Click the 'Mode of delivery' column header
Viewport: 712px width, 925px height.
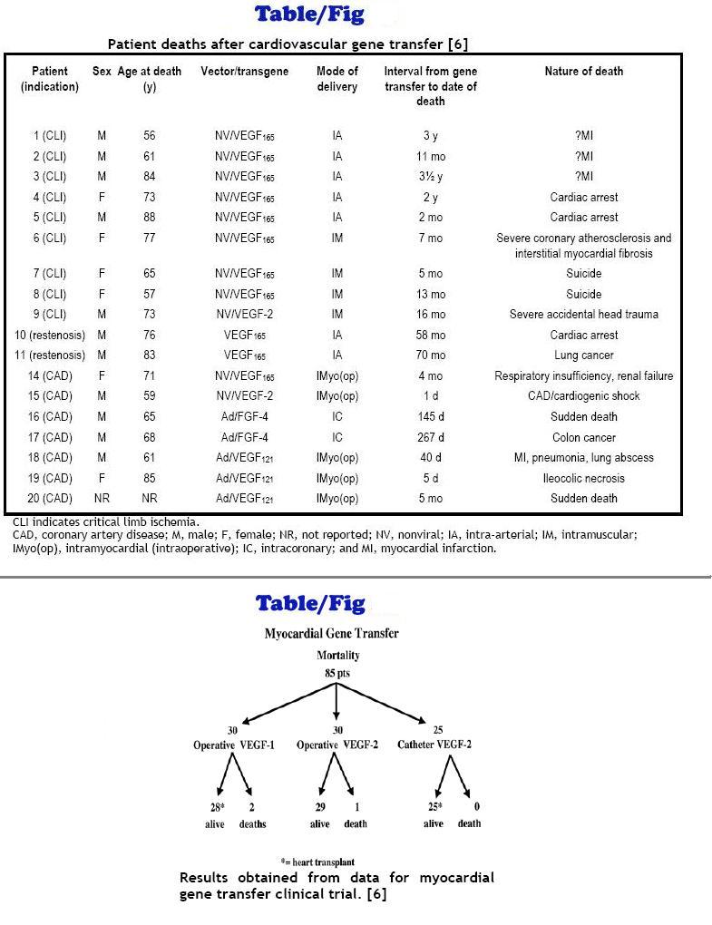(336, 78)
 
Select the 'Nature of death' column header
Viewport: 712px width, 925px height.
(583, 71)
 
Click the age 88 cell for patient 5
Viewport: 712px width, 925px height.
(149, 218)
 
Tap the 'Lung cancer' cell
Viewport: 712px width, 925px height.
(583, 355)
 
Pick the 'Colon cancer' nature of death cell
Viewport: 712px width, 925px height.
(583, 437)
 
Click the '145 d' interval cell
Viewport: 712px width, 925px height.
(430, 417)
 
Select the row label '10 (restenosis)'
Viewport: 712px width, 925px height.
(50, 335)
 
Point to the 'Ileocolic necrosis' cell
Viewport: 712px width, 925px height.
(583, 478)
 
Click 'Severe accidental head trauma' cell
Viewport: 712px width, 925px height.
(583, 315)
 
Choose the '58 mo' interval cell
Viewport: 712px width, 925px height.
(430, 335)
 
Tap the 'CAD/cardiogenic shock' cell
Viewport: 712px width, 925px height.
(583, 396)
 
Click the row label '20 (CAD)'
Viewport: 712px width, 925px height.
(50, 498)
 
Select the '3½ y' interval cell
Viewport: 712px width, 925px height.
(430, 176)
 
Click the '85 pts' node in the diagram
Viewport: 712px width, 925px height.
(336, 673)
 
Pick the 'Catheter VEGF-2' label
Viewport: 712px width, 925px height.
(434, 745)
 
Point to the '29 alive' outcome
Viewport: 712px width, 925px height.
(319, 815)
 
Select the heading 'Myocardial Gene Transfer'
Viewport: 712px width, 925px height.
(331, 634)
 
